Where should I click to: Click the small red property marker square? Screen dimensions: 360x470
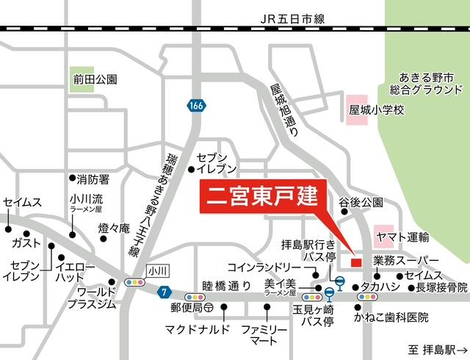click(356, 262)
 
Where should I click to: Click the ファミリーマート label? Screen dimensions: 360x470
click(266, 334)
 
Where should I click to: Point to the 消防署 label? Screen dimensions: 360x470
click(93, 179)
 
